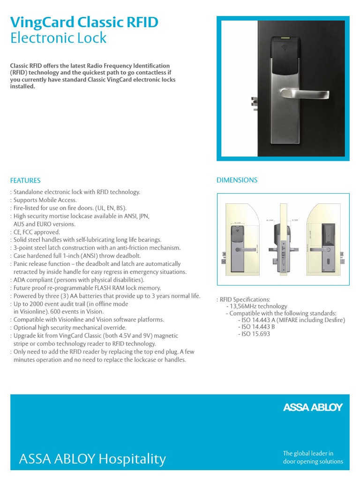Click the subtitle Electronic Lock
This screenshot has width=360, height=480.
click(58, 38)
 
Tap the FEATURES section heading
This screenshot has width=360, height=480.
click(25, 180)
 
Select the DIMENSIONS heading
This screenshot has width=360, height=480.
click(237, 180)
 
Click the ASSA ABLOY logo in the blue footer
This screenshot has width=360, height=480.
click(313, 408)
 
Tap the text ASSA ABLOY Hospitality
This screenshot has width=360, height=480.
click(92, 459)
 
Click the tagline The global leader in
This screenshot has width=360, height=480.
click(308, 453)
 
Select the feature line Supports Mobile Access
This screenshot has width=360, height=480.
click(45, 200)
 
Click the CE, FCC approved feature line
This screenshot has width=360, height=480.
click(37, 232)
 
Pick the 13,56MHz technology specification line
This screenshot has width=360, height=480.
click(258, 306)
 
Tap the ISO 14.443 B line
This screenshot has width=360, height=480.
click(256, 327)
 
